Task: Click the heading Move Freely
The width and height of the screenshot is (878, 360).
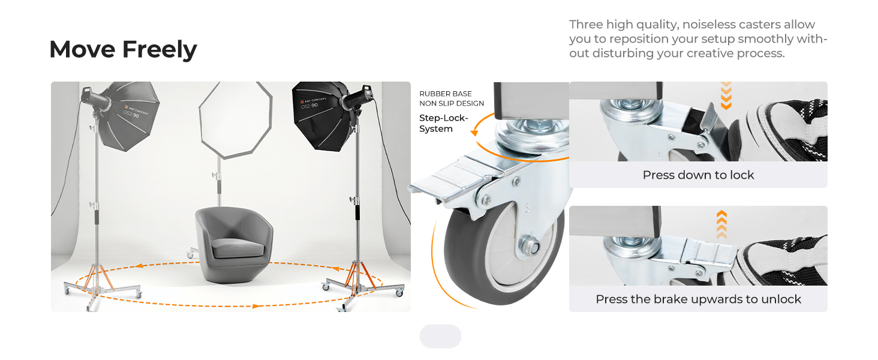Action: point(123,49)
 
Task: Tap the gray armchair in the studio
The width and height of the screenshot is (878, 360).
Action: point(234,245)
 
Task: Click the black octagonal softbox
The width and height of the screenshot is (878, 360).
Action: point(322,116)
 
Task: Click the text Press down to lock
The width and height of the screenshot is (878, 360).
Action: point(698,175)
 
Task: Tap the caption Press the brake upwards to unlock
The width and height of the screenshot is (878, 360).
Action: point(698,299)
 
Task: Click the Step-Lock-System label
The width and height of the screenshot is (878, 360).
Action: point(443,123)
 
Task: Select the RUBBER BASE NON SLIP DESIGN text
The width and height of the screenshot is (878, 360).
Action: point(452,98)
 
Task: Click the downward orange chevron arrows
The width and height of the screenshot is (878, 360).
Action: point(726,95)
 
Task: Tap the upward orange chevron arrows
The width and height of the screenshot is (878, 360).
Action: point(721,224)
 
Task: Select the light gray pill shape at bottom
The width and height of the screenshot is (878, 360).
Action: point(440,336)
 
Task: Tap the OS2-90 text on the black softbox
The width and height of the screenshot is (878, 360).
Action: point(309,106)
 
